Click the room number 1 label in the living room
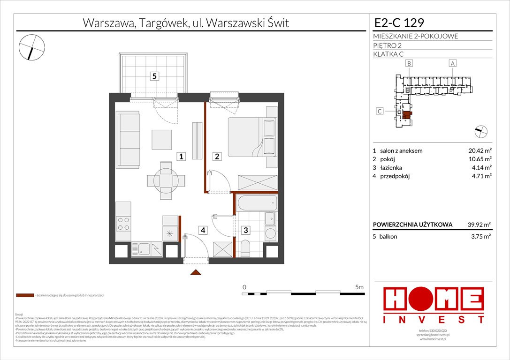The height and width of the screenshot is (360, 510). (181, 157)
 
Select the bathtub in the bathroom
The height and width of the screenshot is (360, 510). (257, 204)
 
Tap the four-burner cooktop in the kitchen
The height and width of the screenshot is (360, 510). (123, 224)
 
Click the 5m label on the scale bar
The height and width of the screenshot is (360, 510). (359, 286)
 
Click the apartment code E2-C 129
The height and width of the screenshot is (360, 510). (399, 22)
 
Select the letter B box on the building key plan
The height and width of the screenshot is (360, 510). (409, 63)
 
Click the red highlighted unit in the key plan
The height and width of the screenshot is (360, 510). (407, 113)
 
